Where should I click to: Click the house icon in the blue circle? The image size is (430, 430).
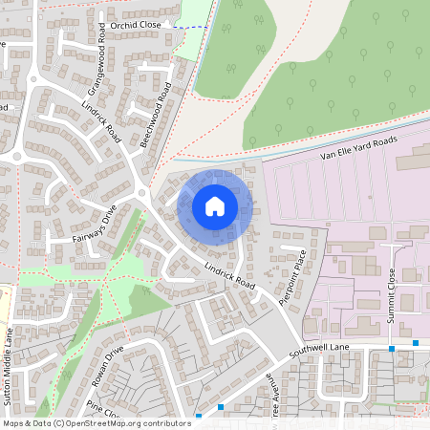pyautogui.click(x=215, y=205)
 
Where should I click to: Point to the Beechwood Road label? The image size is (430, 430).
pyautogui.click(x=156, y=114)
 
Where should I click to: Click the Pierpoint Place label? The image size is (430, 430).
pyautogui.click(x=291, y=277)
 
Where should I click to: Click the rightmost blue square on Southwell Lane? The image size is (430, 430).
pyautogui.click(x=416, y=342)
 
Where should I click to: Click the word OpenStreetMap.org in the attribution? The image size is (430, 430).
pyautogui.click(x=107, y=423)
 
